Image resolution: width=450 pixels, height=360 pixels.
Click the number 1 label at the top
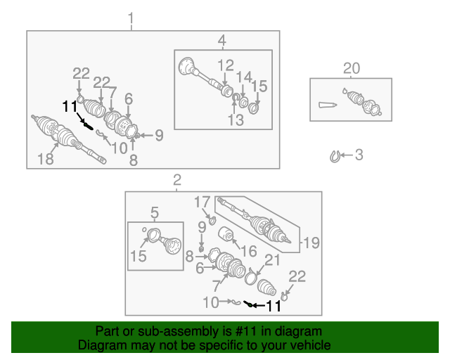tap(130, 18)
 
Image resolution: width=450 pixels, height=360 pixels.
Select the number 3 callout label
tap(359, 155)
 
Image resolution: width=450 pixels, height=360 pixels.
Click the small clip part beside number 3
tap(336, 156)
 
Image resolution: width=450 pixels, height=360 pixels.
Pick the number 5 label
tap(154, 211)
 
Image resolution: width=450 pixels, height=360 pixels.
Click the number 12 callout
tap(225, 66)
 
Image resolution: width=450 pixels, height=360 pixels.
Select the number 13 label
tap(235, 120)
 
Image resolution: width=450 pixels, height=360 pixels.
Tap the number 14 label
tap(244, 77)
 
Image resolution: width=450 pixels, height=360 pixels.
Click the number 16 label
tap(249, 251)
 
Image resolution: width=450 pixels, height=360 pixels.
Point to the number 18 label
tap(45, 160)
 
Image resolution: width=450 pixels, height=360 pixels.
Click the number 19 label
tap(311, 243)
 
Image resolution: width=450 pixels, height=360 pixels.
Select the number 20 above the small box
tap(351, 68)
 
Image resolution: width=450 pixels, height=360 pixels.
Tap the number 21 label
tap(271, 262)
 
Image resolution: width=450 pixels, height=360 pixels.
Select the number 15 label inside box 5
tap(139, 257)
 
